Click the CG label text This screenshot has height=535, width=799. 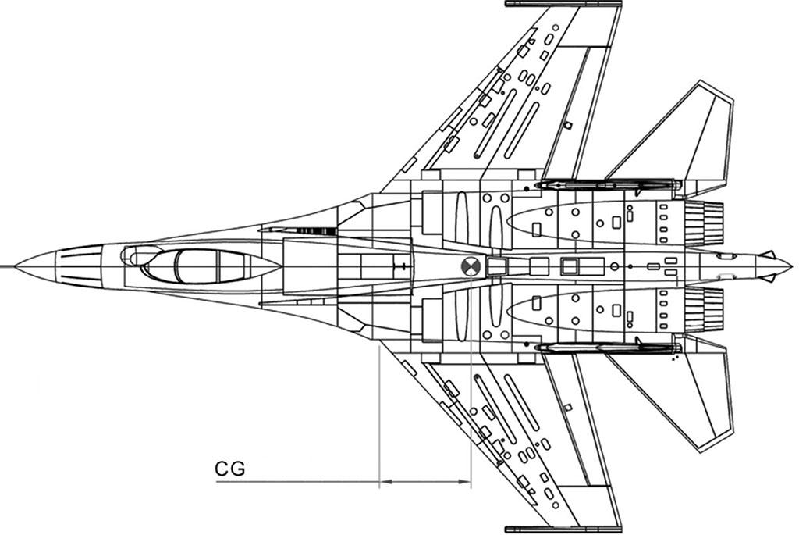pos(230,468)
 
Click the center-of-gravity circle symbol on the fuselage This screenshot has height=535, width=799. pos(471,266)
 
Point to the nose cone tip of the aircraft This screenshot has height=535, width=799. pos(16,266)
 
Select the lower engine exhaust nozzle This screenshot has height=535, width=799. pos(704,309)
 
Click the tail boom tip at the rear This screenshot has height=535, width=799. pos(790,266)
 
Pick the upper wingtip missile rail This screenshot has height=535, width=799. pos(563,4)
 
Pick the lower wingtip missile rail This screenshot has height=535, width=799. pos(563,530)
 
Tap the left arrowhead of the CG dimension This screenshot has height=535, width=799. pos(385,481)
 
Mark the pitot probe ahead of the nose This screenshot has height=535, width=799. pos(7,266)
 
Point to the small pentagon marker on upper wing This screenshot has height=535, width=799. pos(568,126)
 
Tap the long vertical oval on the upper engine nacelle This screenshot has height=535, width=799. pos(462,218)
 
